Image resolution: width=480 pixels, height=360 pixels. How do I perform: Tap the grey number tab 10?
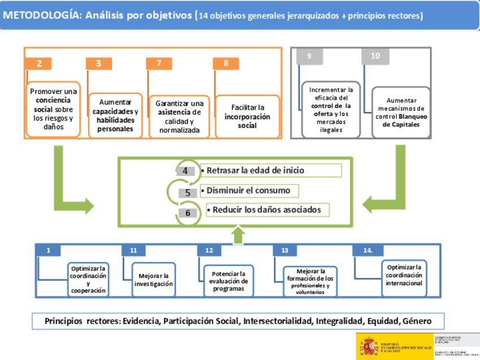coord(375,56)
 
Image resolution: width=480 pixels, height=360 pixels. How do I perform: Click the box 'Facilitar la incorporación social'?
coord(247,116)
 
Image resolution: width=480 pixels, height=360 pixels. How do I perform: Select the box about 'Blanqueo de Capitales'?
coord(397,112)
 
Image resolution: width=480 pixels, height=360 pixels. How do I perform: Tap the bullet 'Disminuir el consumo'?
coord(249,190)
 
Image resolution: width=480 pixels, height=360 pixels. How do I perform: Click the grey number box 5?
coord(187,192)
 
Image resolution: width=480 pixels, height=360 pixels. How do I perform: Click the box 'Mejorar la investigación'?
coord(153,280)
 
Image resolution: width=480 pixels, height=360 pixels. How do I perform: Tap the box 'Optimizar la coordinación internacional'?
coord(404,275)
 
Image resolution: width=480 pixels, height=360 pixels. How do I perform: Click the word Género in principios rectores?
coord(417,321)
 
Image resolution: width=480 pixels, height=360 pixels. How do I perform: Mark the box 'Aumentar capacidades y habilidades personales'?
coord(115,115)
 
